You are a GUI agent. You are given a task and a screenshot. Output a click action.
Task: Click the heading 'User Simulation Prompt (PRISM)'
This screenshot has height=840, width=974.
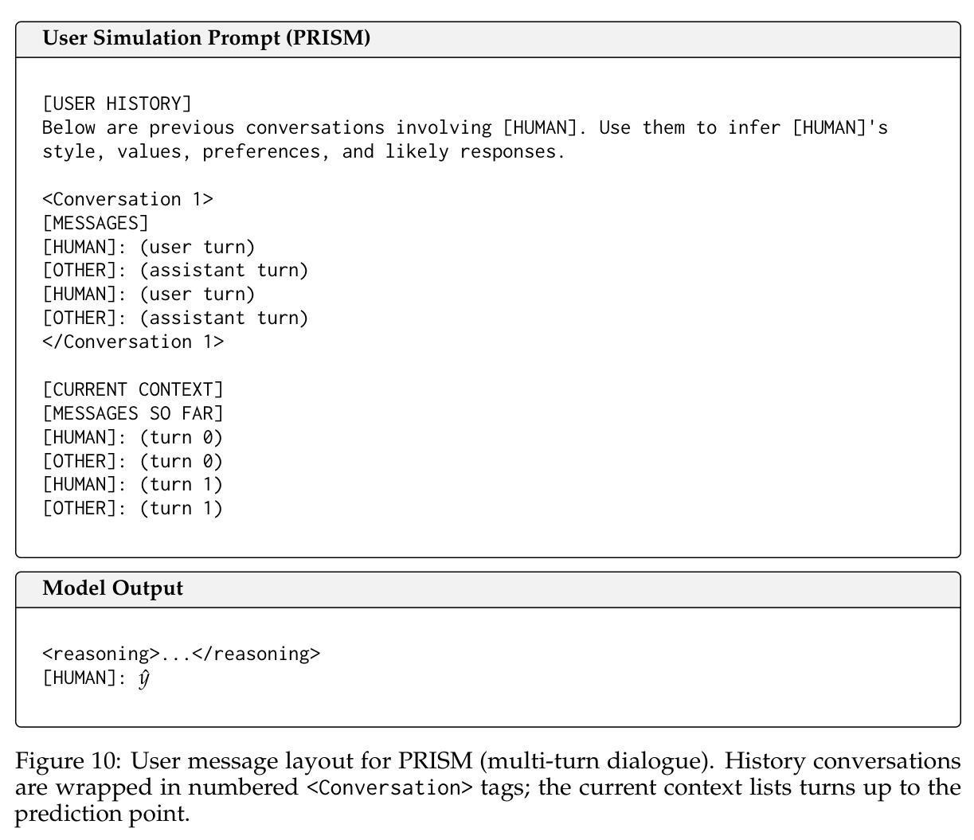206,37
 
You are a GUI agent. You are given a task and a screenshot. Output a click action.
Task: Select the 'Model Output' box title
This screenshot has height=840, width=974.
112,588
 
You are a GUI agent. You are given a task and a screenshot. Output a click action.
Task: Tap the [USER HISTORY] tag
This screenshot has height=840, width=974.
117,104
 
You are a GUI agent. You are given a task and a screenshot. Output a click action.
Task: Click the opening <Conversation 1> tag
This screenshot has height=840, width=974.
127,199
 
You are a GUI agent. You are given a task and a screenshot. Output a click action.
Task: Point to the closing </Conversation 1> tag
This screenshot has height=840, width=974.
133,342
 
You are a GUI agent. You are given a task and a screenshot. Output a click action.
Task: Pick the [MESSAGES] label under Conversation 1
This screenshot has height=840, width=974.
96,223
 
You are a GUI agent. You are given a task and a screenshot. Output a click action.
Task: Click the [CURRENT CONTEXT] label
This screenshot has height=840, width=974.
133,389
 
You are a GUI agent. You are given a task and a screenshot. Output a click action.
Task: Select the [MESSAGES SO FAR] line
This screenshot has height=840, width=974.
133,413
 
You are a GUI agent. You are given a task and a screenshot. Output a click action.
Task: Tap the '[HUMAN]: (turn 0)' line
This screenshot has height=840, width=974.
132,437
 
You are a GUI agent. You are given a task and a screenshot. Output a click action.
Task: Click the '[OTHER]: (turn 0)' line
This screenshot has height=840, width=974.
132,461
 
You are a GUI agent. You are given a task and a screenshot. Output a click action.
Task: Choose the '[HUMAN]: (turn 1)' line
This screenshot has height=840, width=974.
132,484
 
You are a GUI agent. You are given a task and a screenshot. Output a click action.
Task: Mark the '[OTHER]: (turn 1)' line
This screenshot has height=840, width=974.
132,508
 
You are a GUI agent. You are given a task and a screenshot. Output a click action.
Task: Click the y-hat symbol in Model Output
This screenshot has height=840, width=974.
143,679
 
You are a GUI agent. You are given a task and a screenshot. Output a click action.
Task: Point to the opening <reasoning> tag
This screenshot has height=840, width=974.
101,654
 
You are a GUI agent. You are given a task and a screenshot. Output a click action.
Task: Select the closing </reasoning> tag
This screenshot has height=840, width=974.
256,654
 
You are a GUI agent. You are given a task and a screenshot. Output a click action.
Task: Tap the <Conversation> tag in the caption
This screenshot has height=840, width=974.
389,787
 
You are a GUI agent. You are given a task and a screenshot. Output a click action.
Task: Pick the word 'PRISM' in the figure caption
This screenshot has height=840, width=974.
436,761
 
